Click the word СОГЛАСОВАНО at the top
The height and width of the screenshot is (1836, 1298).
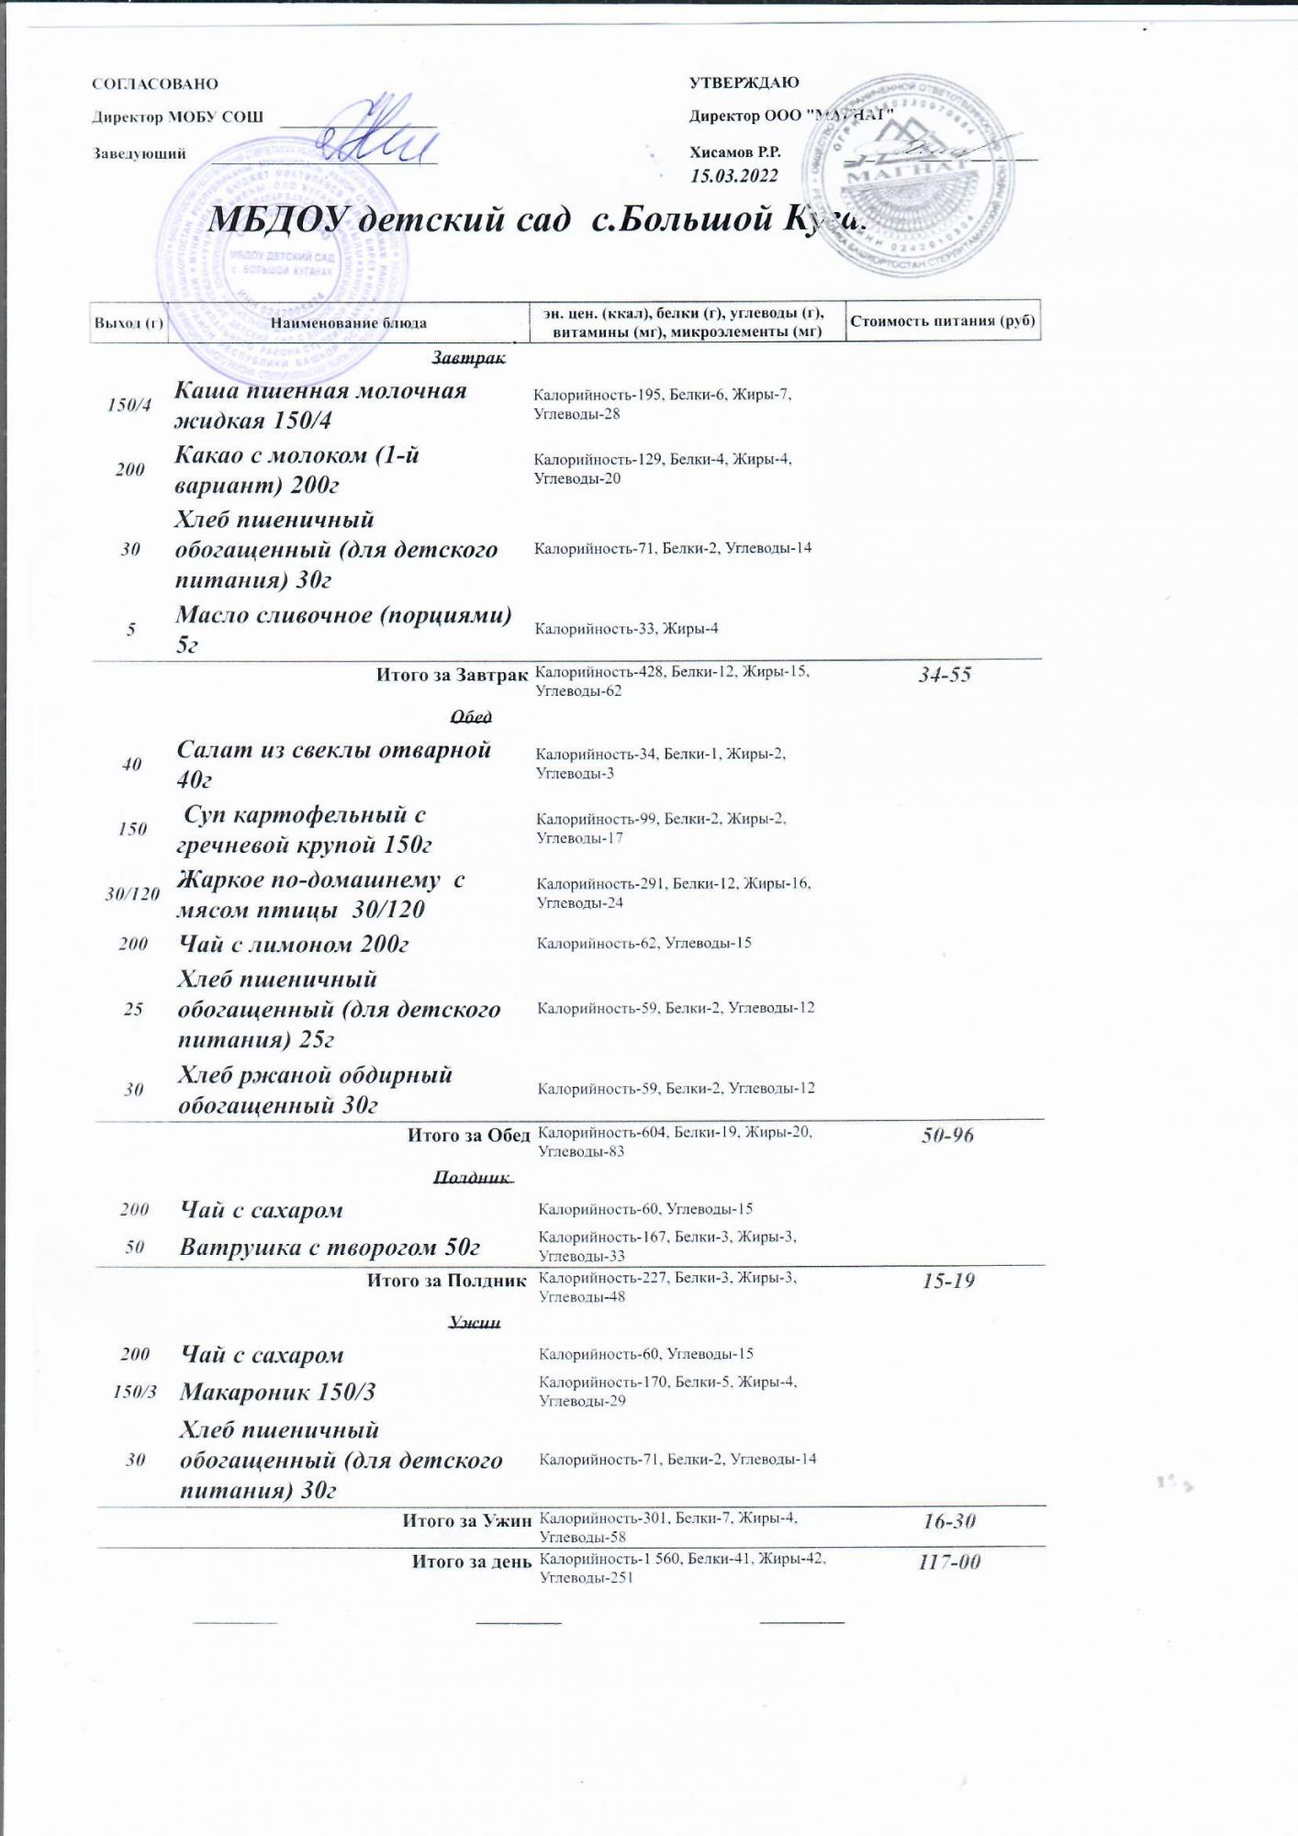pyautogui.click(x=155, y=84)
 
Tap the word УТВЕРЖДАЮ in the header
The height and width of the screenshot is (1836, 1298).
pyautogui.click(x=744, y=83)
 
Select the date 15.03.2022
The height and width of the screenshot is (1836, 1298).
pyautogui.click(x=734, y=176)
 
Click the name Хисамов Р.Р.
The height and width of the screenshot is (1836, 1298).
pyautogui.click(x=735, y=152)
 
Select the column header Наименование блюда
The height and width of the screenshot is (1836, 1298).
pyautogui.click(x=349, y=322)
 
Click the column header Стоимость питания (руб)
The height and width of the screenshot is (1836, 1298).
pyautogui.click(x=943, y=320)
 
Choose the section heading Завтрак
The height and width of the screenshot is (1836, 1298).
pyautogui.click(x=468, y=357)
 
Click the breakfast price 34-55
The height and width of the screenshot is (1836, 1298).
pyautogui.click(x=945, y=675)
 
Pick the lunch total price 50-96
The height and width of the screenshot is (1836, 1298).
pyautogui.click(x=947, y=1136)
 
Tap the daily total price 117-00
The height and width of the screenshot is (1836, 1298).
pyautogui.click(x=950, y=1562)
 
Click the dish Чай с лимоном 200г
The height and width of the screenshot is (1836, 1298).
pyautogui.click(x=294, y=944)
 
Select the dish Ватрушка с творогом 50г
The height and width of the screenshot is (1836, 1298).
pyautogui.click(x=330, y=1248)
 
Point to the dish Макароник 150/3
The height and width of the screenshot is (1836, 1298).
pyautogui.click(x=277, y=1392)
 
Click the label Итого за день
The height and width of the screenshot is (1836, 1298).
pyautogui.click(x=471, y=1561)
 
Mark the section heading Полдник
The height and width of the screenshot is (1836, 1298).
pyautogui.click(x=472, y=1177)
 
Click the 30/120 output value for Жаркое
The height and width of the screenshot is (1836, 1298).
pyautogui.click(x=132, y=893)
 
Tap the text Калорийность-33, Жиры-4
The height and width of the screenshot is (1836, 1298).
pyautogui.click(x=626, y=629)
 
